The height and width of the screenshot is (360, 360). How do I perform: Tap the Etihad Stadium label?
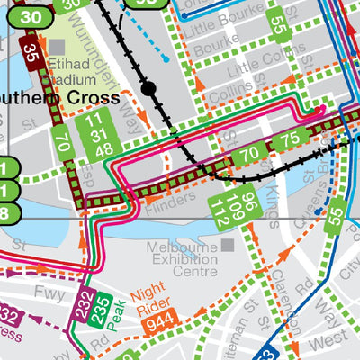click(x=76, y=70)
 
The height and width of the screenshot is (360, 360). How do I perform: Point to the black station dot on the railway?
click(x=149, y=88)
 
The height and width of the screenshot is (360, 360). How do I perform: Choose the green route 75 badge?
click(x=290, y=140)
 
